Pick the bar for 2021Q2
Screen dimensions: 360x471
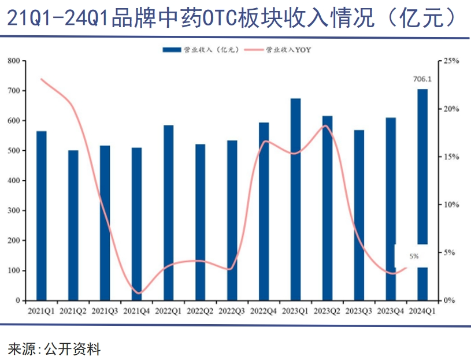point(73,225)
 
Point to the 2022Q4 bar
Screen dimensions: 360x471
point(264,211)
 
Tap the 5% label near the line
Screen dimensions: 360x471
point(414,255)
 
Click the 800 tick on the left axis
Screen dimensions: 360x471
point(14,61)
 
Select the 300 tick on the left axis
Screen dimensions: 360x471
point(14,211)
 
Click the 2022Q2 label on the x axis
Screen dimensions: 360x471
point(200,311)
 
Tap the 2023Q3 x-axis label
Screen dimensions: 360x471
point(359,311)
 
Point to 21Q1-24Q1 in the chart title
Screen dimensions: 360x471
point(57,18)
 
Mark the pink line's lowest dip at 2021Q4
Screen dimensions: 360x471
point(137,292)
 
